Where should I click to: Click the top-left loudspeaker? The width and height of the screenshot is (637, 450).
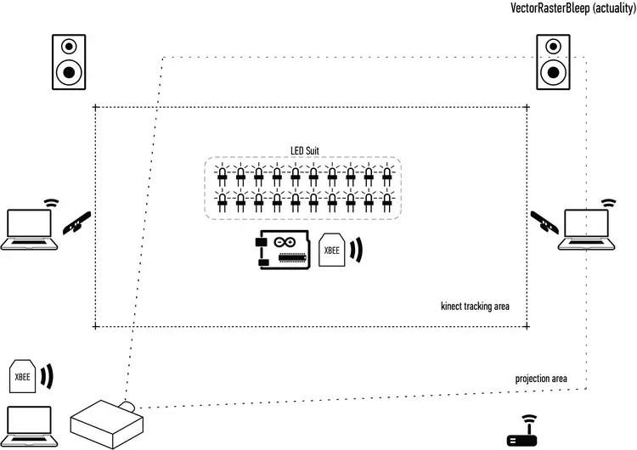click(70, 61)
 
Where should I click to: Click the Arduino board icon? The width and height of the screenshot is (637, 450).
click(281, 251)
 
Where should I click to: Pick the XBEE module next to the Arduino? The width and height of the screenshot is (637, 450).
click(332, 251)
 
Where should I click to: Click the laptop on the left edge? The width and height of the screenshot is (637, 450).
click(29, 228)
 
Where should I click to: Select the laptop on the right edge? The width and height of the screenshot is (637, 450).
click(584, 228)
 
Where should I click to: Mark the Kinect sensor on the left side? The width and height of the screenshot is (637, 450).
click(77, 223)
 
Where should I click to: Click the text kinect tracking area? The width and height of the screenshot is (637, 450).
click(475, 306)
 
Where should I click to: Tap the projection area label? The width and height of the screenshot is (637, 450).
click(540, 378)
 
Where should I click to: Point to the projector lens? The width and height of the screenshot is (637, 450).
click(128, 407)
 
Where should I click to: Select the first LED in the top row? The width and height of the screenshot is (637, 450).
click(223, 176)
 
